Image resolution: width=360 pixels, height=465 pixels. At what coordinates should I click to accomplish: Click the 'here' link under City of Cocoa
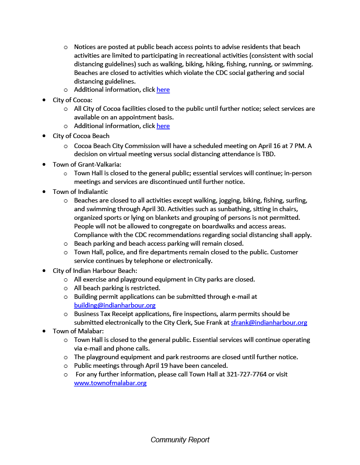163,126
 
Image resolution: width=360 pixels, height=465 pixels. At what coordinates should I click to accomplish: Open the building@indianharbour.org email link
115,305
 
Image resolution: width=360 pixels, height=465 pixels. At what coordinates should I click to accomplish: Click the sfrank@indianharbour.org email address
269,322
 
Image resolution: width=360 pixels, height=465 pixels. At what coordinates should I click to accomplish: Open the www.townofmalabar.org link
110,383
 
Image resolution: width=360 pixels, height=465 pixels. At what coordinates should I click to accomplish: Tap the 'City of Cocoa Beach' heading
81,136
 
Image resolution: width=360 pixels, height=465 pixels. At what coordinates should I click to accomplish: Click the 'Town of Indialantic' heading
80,192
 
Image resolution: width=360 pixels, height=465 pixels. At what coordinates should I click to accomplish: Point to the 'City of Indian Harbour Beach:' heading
95,271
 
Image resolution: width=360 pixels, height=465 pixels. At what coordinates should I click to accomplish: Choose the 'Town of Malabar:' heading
78,331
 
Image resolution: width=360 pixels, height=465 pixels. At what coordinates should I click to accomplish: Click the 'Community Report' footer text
180,440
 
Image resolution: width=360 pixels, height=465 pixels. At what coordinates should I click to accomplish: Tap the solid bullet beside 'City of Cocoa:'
44,100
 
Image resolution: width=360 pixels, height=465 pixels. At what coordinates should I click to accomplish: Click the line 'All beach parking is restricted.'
117,288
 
